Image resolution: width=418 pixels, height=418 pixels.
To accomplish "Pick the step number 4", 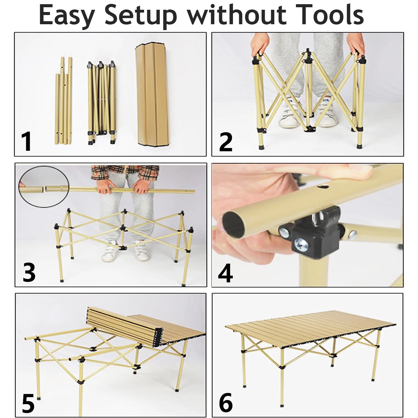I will [x=225, y=273].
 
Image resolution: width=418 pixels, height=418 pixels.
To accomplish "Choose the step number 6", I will [x=225, y=402].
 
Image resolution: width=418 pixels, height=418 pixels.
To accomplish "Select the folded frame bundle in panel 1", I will [x=101, y=102].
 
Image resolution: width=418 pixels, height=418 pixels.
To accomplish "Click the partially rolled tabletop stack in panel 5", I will [x=123, y=326].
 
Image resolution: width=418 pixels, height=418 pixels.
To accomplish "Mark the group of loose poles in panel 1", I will [x=64, y=102].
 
